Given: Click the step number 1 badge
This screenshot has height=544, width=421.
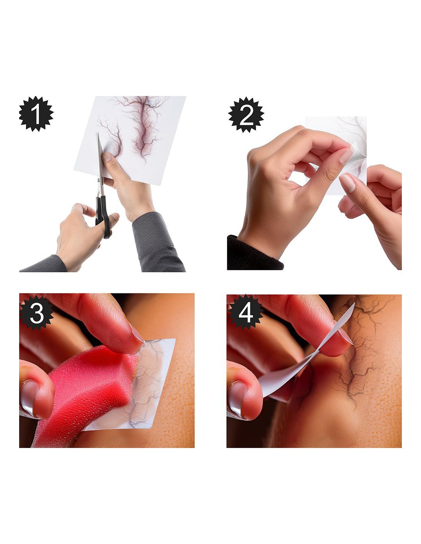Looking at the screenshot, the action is [x=36, y=114].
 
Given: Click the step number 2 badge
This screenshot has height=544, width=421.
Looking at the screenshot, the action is [x=246, y=115].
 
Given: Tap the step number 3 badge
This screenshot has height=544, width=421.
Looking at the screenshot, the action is [x=37, y=313].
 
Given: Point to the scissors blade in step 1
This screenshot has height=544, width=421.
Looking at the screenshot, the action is [x=100, y=155].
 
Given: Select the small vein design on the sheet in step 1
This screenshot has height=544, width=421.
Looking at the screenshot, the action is [x=110, y=137].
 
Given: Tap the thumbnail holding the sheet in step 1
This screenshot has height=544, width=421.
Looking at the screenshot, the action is [x=107, y=157].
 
